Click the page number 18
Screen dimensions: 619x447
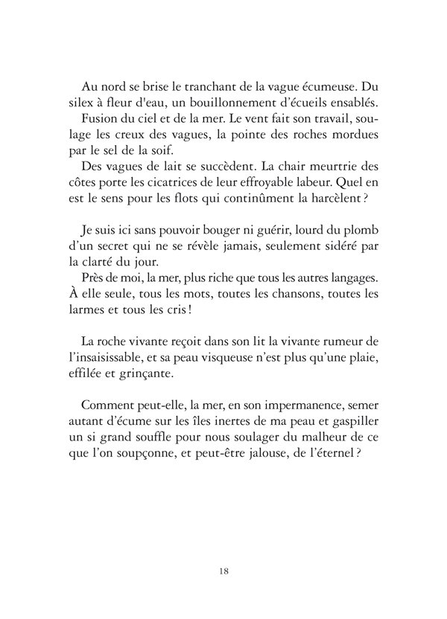223,571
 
